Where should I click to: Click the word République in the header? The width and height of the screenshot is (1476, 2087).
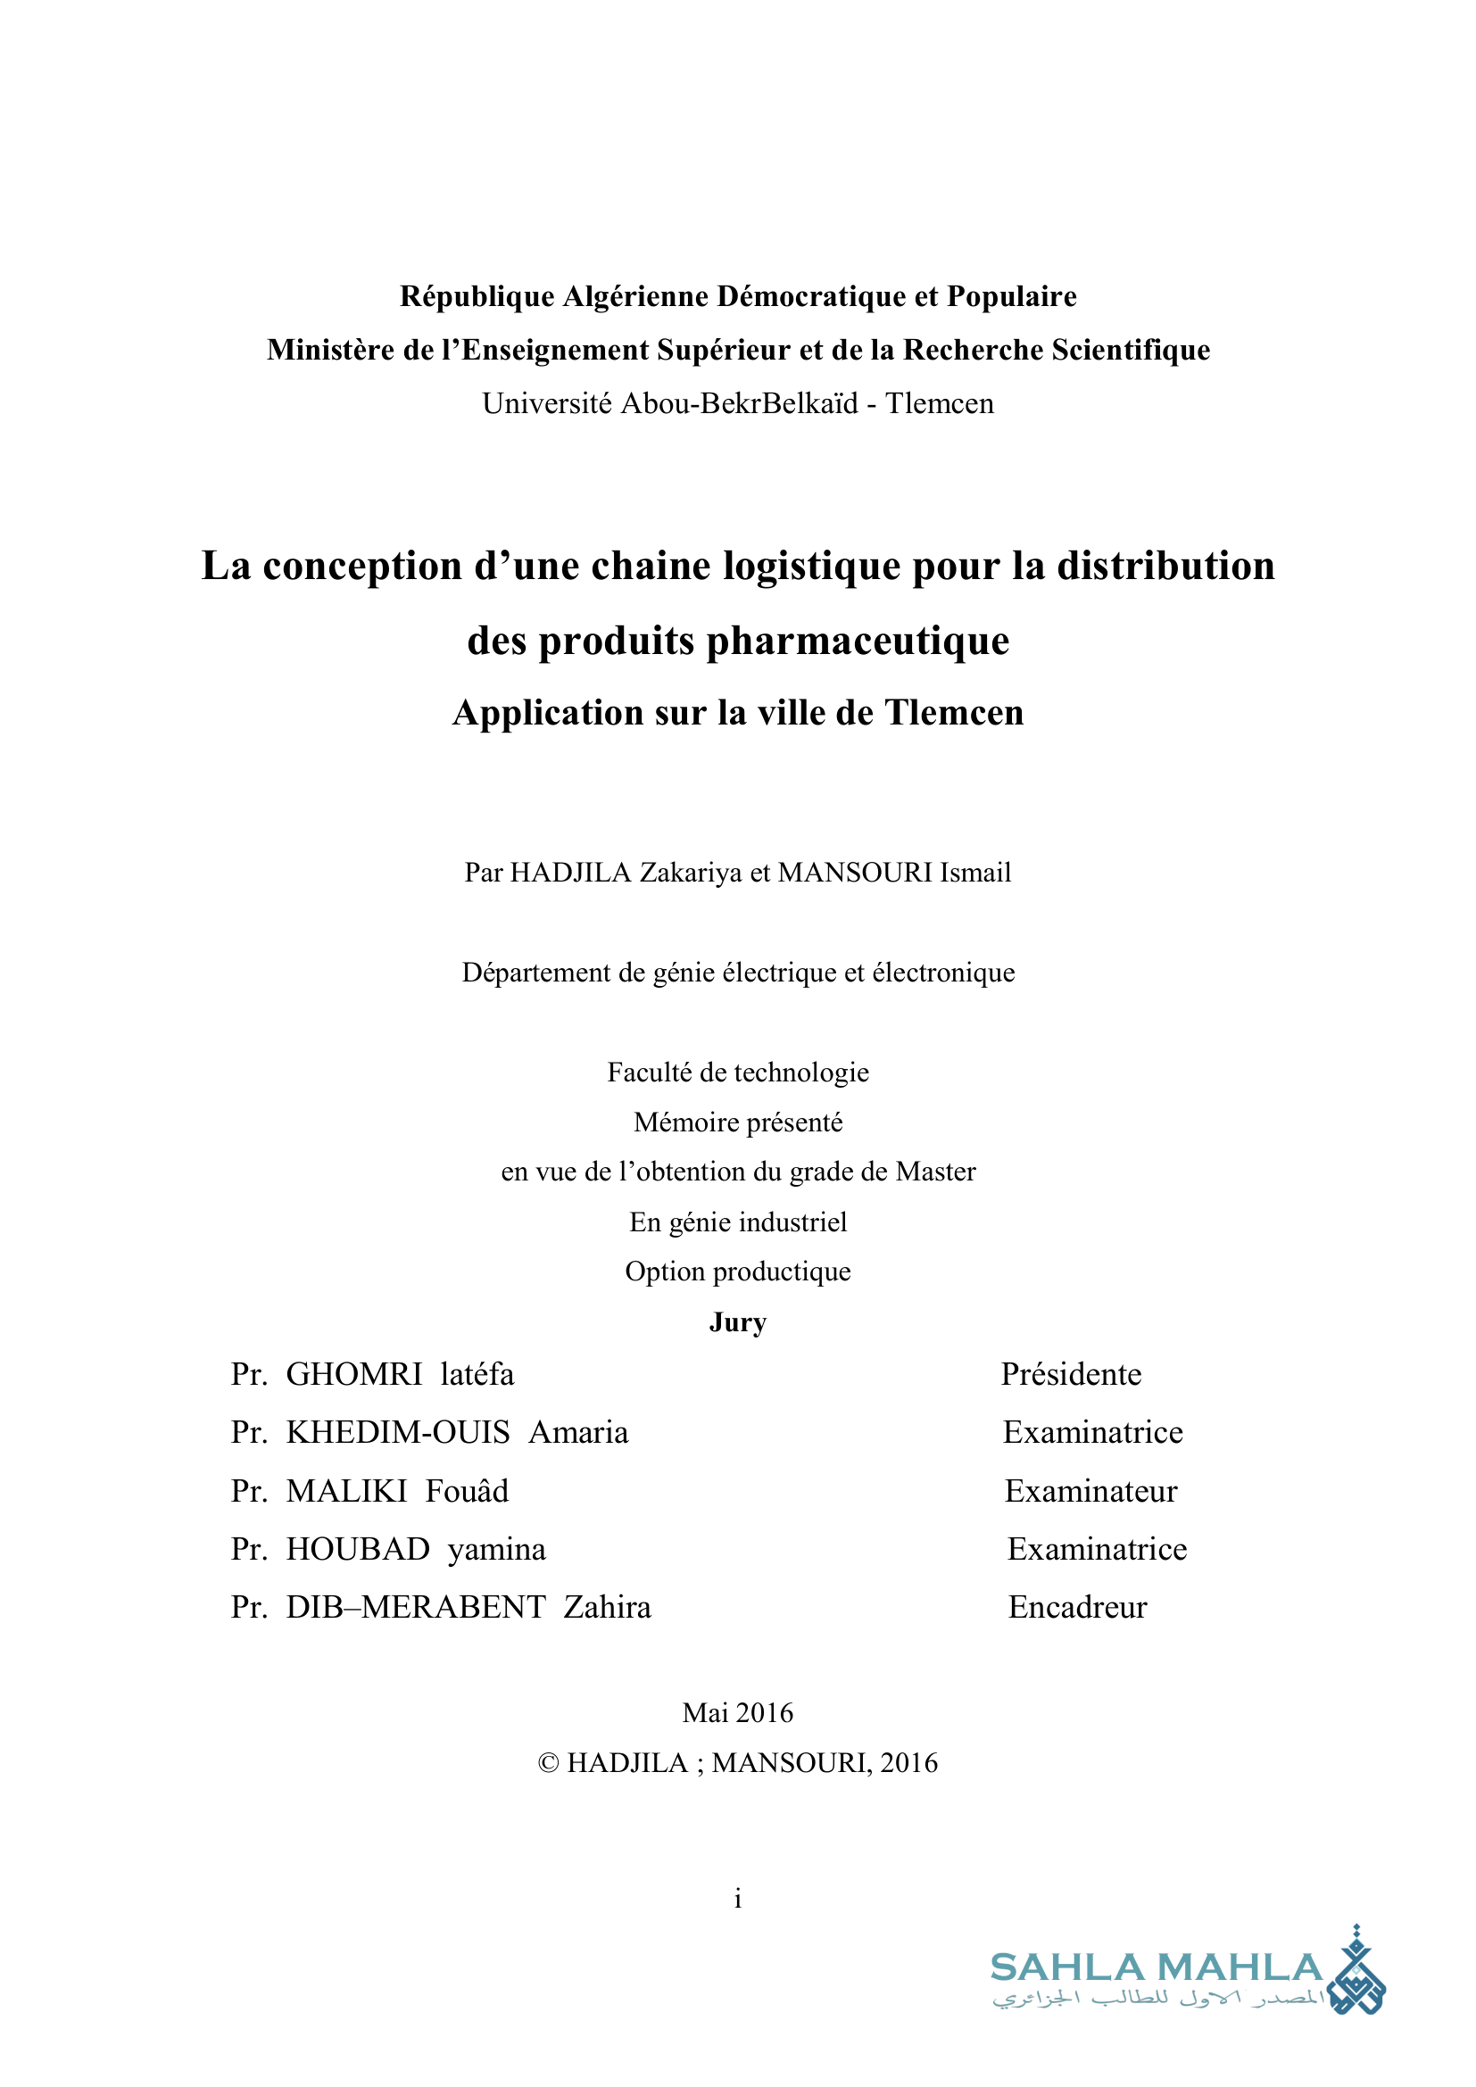(x=477, y=296)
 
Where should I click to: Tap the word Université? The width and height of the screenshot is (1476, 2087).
(x=546, y=403)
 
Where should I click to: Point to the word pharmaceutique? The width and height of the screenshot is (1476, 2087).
(x=858, y=641)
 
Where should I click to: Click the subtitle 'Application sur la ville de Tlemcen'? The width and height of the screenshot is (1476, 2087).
(x=738, y=713)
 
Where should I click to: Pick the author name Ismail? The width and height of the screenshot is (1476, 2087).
(x=975, y=873)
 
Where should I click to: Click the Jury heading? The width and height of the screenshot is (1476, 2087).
(x=738, y=1321)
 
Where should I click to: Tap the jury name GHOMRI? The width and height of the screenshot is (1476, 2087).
(x=354, y=1374)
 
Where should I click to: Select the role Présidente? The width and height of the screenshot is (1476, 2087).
(x=1071, y=1374)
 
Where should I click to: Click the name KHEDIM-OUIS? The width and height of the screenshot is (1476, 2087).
(x=398, y=1433)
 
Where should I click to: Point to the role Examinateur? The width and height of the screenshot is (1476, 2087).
(x=1090, y=1491)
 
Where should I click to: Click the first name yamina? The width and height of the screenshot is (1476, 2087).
(x=496, y=1549)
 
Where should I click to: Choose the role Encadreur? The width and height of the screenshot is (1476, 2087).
(x=1077, y=1607)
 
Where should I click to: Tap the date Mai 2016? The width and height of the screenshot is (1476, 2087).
(x=738, y=1712)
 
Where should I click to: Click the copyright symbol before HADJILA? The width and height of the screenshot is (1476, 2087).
(x=548, y=1763)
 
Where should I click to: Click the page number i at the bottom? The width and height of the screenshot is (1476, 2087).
(x=738, y=1899)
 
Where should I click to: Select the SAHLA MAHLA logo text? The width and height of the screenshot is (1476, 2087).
(x=1155, y=1968)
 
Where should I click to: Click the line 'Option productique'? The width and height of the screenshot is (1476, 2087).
(x=738, y=1271)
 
